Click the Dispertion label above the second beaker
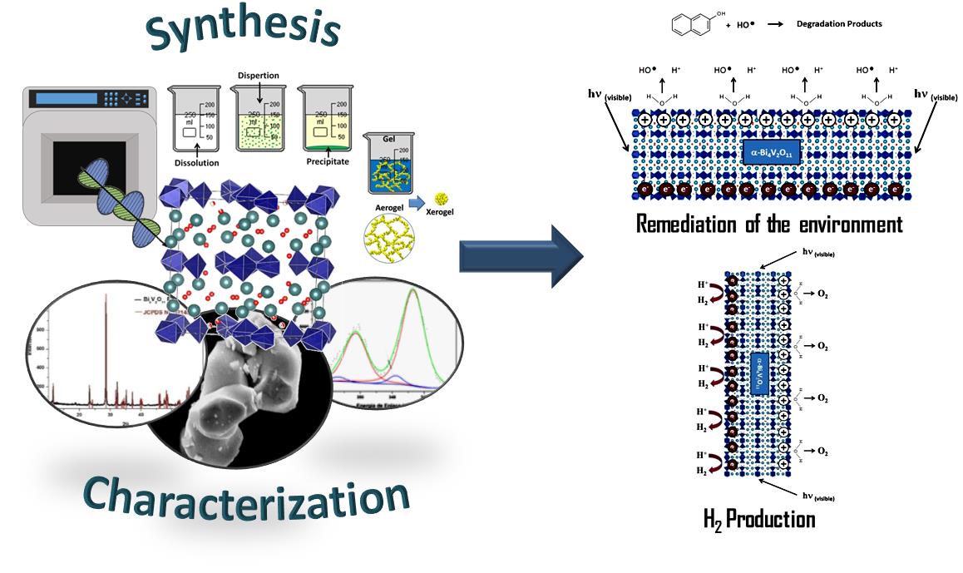click(258, 76)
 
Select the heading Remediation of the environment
click(769, 224)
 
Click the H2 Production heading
click(758, 521)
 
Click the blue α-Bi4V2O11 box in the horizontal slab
click(769, 153)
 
